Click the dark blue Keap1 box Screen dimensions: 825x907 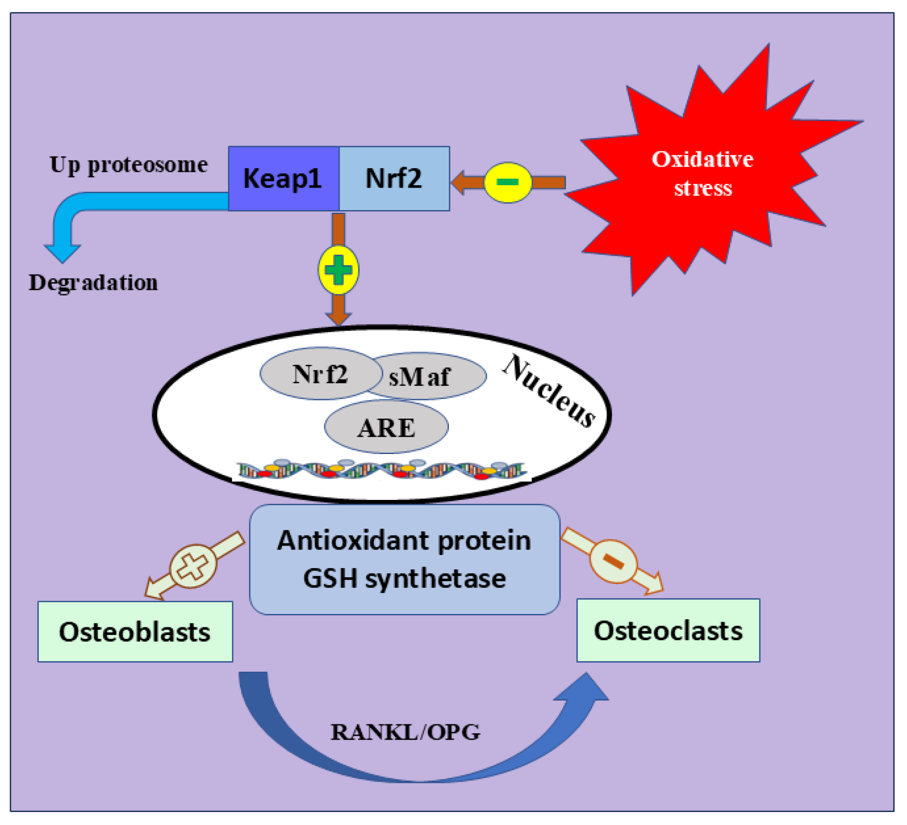284,179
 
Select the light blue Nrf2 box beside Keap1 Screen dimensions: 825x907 394,179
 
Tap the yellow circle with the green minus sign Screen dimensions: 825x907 507,182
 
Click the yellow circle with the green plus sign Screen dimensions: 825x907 338,270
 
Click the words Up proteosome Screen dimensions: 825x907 129,165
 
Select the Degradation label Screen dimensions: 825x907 93,283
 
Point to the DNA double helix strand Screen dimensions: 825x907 382,470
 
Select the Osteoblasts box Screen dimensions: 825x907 135,632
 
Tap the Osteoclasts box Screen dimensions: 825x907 668,631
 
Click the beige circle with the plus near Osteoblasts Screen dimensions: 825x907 193,566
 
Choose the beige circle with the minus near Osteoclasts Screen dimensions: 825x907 613,561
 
